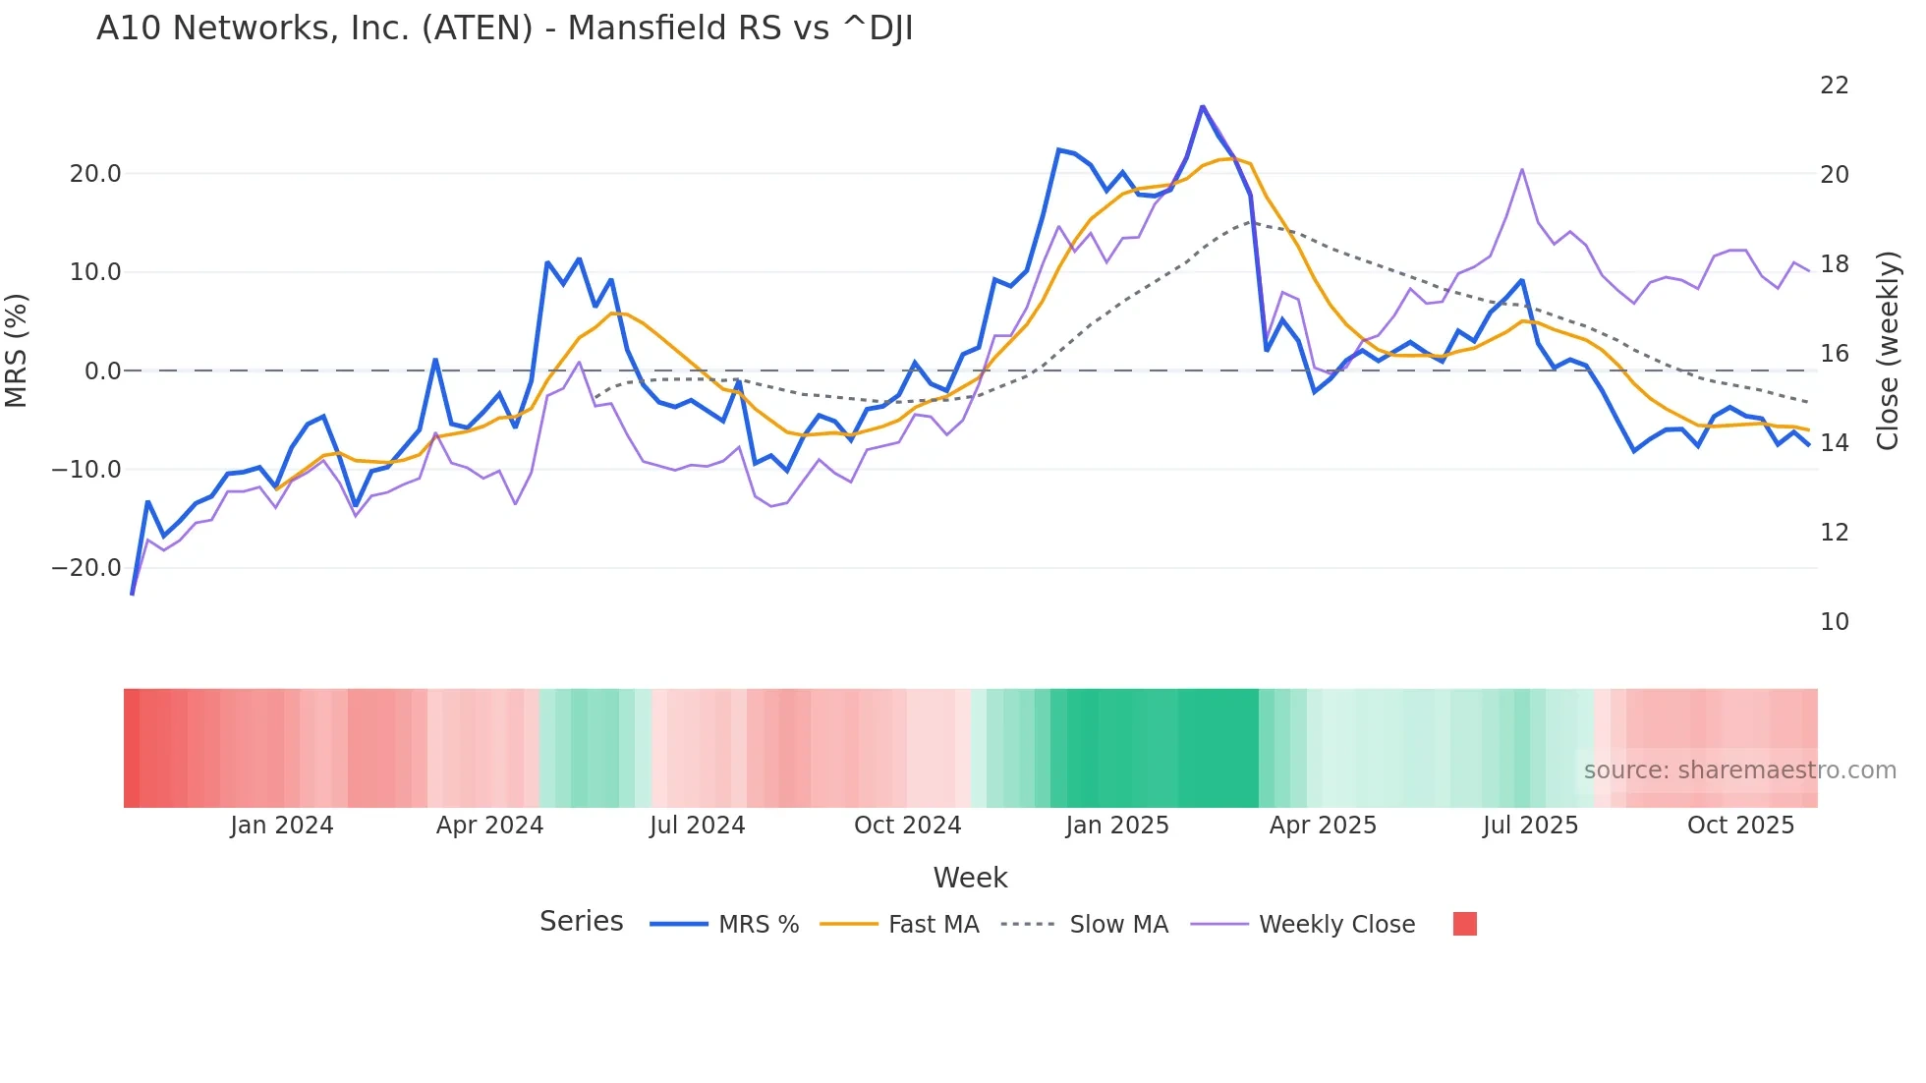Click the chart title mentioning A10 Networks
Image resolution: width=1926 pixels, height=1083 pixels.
[x=504, y=28]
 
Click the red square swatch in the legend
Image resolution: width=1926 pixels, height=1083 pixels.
[x=1464, y=924]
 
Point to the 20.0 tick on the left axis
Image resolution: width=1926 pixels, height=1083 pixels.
[x=95, y=174]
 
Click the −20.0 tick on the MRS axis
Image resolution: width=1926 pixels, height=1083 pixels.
[x=86, y=568]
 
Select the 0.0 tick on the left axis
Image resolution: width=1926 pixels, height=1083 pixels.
[x=102, y=371]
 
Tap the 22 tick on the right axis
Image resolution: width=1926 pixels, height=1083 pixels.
[x=1834, y=85]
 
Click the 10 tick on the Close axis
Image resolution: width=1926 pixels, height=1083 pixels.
[x=1834, y=622]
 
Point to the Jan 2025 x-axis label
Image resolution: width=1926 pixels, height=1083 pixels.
[x=1117, y=826]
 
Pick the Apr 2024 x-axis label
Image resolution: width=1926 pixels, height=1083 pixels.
[x=489, y=826]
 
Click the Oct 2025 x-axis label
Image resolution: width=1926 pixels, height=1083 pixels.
[x=1740, y=826]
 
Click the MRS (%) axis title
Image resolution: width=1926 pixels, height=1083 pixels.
[x=16, y=351]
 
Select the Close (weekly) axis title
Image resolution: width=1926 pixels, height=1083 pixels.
[x=1887, y=351]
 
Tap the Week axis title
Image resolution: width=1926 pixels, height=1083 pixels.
[x=970, y=878]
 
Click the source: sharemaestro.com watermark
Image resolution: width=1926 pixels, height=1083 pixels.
[x=1739, y=770]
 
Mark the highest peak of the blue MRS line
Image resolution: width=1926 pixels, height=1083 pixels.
[x=1202, y=106]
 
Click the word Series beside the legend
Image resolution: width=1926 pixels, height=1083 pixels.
[x=581, y=922]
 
